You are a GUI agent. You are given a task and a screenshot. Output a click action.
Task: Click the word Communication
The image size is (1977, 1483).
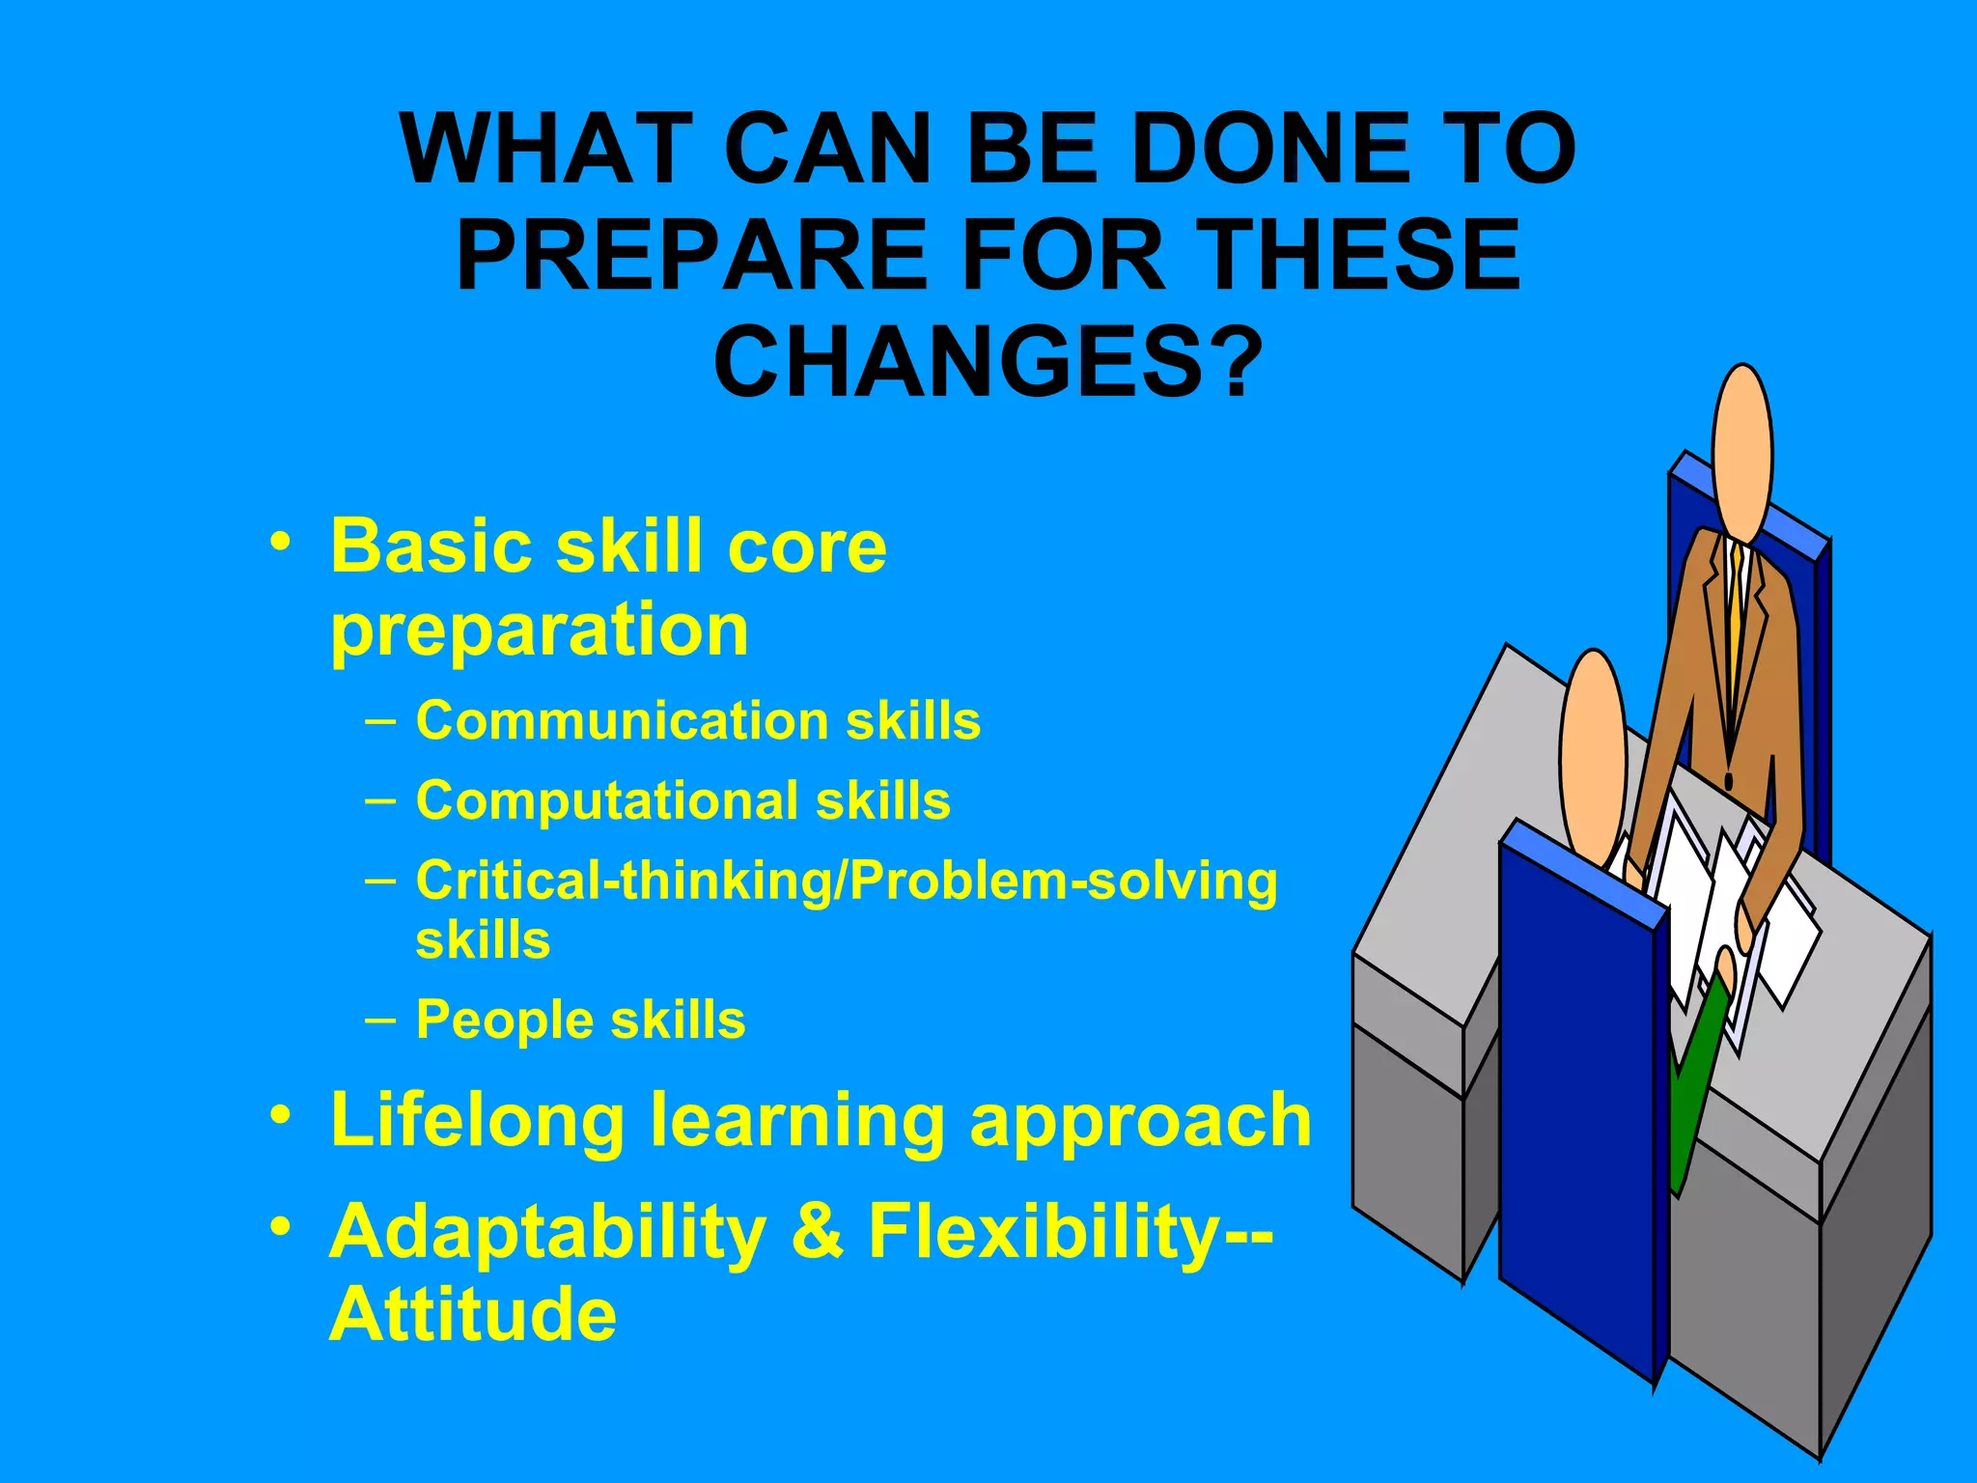(621, 721)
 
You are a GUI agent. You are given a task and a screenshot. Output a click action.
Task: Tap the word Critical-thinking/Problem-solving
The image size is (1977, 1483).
(846, 881)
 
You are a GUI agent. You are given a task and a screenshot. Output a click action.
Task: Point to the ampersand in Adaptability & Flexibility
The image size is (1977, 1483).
(817, 1232)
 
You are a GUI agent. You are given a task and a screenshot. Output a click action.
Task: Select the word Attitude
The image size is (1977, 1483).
(472, 1315)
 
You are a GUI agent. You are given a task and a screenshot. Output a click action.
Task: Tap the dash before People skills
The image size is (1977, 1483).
(380, 1020)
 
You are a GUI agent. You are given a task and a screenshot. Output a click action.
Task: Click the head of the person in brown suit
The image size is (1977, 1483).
(1741, 454)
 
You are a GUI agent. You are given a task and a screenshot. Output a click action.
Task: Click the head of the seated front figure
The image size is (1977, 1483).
(1593, 753)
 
